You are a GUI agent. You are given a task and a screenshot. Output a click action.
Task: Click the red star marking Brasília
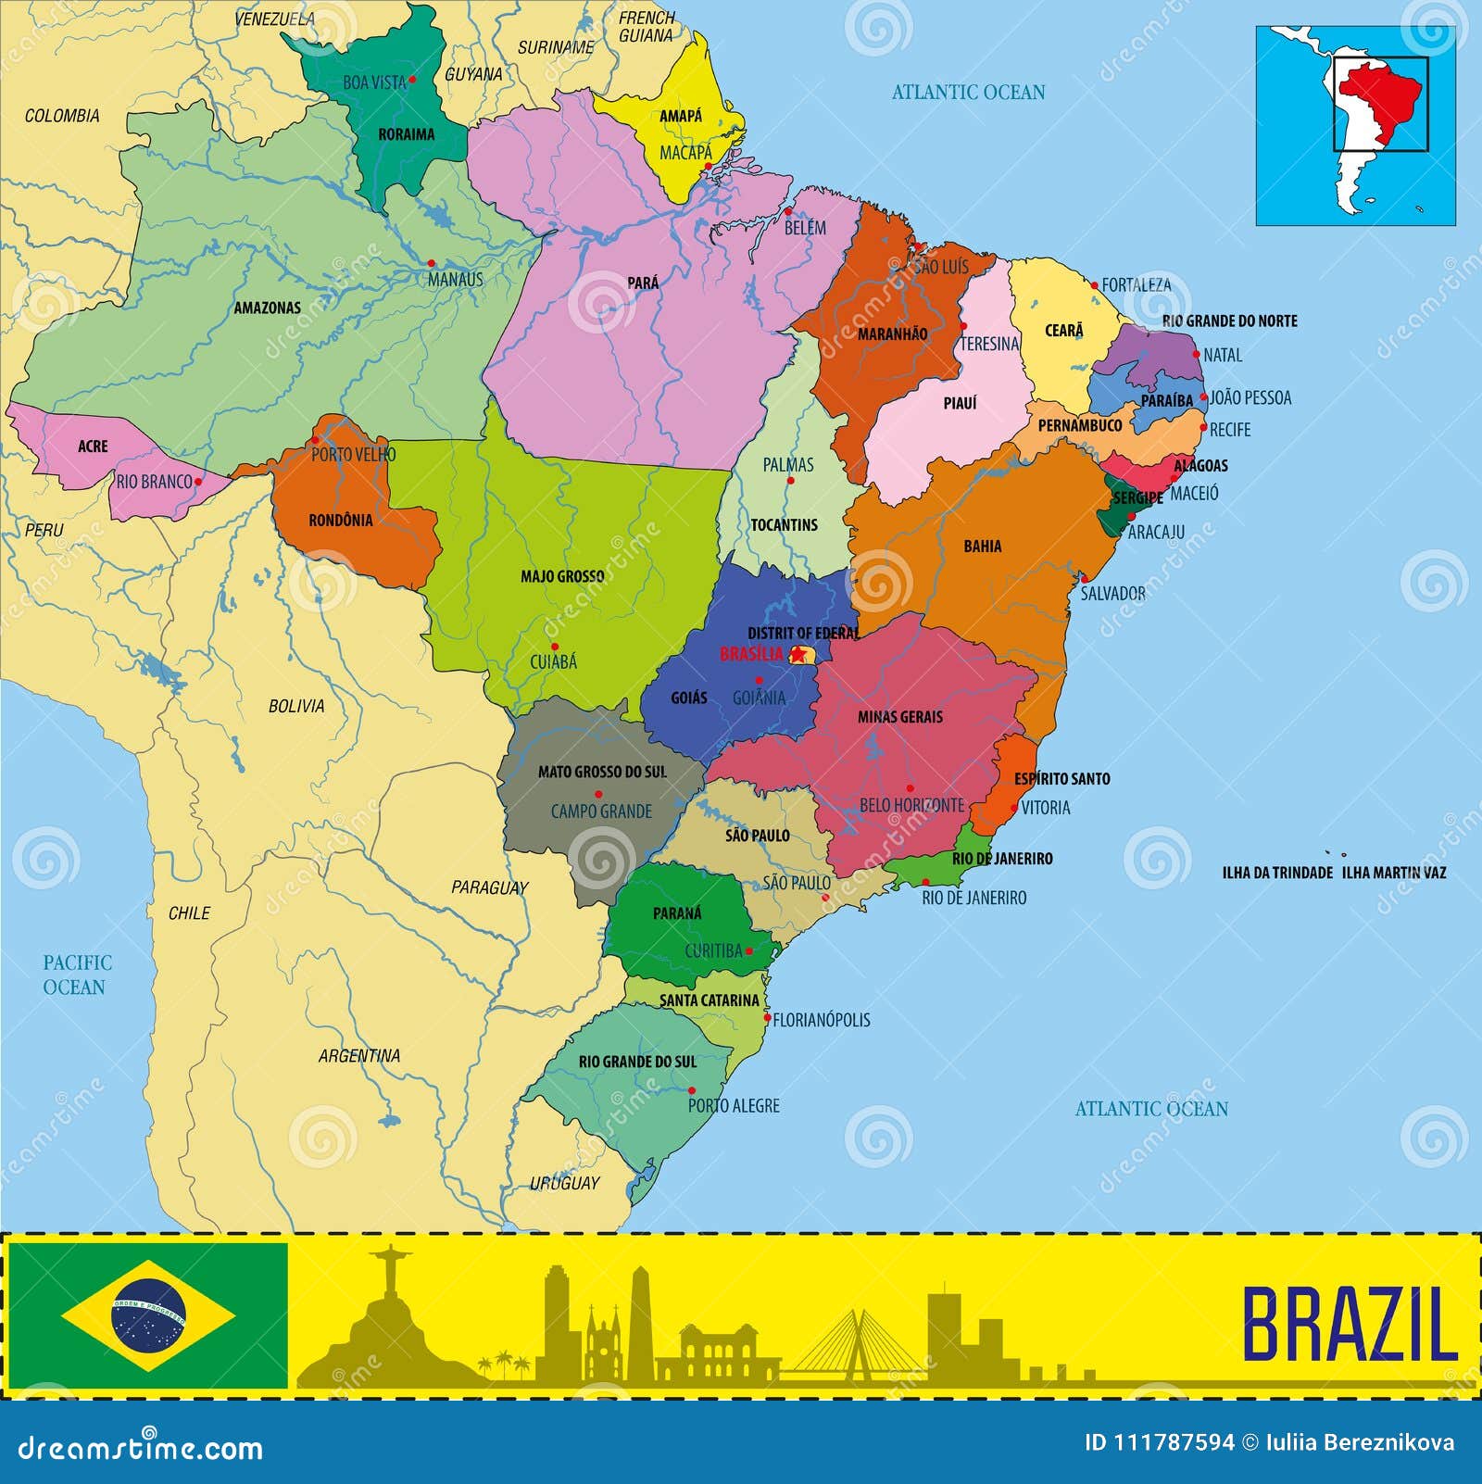pyautogui.click(x=798, y=655)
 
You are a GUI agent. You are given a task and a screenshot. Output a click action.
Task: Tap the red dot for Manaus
pyautogui.click(x=431, y=264)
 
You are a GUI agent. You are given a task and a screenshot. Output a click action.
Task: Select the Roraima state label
pyautogui.click(x=406, y=134)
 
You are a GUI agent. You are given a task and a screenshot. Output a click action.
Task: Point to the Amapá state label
pyautogui.click(x=681, y=116)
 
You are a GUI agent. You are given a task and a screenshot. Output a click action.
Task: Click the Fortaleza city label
pyautogui.click(x=1136, y=285)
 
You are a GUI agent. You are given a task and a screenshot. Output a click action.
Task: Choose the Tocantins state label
pyautogui.click(x=784, y=525)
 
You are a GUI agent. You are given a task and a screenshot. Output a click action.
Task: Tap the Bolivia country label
pyautogui.click(x=296, y=706)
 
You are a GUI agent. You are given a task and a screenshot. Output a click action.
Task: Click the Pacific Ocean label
pyautogui.click(x=76, y=975)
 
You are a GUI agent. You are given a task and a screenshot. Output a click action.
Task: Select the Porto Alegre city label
pyautogui.click(x=734, y=1105)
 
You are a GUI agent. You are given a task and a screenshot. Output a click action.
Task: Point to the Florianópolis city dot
pyautogui.click(x=767, y=1018)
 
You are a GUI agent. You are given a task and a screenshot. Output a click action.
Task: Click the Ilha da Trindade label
pyautogui.click(x=1277, y=873)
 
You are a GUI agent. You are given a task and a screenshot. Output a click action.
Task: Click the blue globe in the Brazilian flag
pyautogui.click(x=148, y=1314)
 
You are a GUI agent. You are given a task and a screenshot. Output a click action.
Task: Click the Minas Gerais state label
pyautogui.click(x=899, y=717)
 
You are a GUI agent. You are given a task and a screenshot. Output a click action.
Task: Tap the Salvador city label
pyautogui.click(x=1112, y=593)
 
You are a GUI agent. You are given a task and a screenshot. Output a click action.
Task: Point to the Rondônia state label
pyautogui.click(x=341, y=521)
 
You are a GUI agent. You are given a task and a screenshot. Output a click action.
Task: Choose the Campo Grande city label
pyautogui.click(x=601, y=811)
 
